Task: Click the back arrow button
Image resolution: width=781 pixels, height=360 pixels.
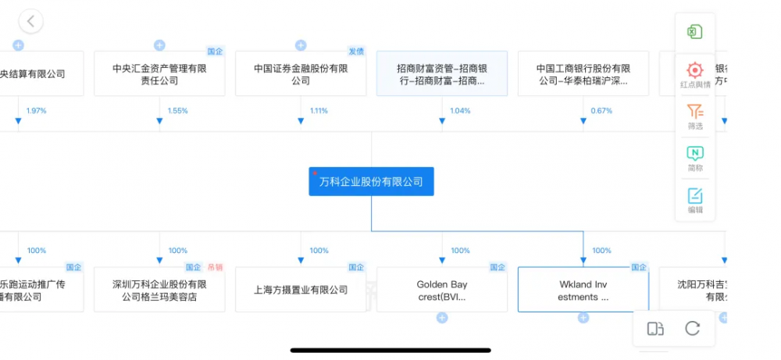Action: click(30, 21)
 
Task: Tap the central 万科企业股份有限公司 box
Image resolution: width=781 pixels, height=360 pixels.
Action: click(371, 182)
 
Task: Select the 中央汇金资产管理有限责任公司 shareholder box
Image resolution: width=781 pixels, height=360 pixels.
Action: click(159, 74)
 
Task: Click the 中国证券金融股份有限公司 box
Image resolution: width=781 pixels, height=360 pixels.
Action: click(301, 74)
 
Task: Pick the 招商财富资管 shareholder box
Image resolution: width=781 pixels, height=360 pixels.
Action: click(442, 74)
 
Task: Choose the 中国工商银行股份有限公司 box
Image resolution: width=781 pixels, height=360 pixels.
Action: click(583, 74)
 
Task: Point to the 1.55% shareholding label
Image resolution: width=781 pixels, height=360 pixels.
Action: click(177, 111)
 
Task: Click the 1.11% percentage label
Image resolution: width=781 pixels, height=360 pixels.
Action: click(319, 111)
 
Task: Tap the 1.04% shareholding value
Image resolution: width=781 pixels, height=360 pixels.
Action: click(460, 111)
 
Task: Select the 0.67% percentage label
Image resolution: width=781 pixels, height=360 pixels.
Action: click(601, 111)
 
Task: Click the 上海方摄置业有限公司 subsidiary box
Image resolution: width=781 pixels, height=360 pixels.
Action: click(301, 290)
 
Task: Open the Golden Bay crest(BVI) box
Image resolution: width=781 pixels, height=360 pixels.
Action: click(442, 290)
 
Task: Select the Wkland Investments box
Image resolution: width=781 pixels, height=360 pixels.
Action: click(583, 290)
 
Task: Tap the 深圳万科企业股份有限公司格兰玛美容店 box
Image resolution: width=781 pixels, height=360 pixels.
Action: click(159, 290)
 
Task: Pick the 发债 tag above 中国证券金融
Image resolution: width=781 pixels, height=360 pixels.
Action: click(356, 52)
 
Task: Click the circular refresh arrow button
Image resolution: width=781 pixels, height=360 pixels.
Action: click(692, 329)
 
